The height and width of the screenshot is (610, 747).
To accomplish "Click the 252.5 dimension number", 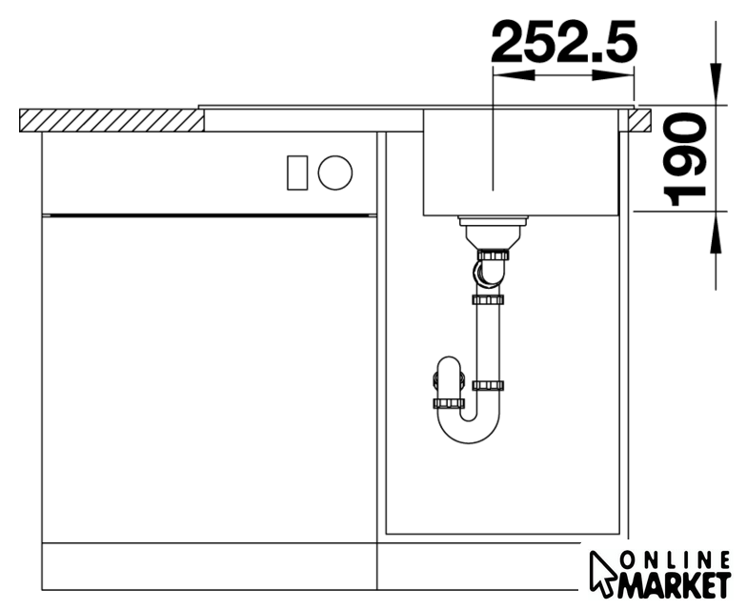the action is point(564,42).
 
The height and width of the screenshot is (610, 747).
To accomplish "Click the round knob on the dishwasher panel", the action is point(335,173).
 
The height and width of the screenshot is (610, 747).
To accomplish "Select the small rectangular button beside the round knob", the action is point(297,173).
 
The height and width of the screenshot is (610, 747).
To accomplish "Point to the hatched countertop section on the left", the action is point(112,120).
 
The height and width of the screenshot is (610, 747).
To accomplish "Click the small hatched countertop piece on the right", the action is point(639,120).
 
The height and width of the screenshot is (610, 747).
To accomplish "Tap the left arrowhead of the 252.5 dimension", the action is point(515,75).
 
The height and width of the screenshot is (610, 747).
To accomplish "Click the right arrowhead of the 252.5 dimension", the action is point(614,75).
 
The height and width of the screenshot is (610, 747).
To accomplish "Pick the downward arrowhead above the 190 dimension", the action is point(716,83).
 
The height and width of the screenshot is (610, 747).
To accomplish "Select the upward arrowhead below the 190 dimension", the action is point(716,233).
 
